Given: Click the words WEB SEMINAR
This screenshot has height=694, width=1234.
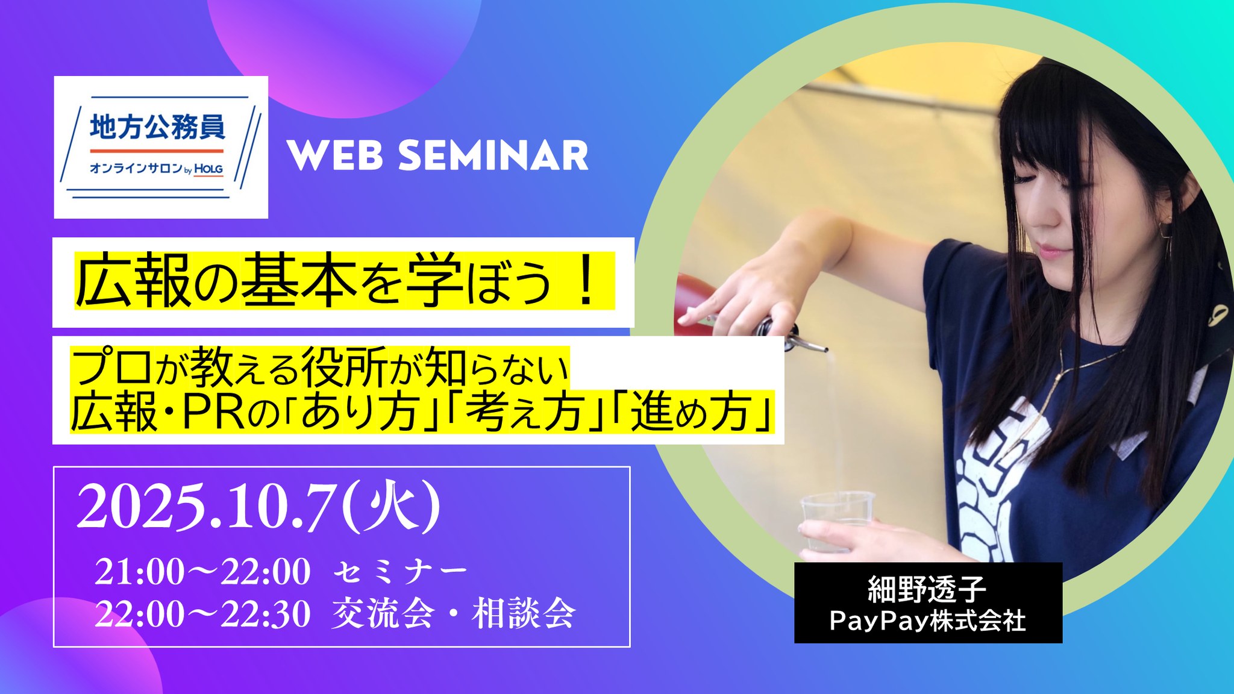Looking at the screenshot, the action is click(x=438, y=155).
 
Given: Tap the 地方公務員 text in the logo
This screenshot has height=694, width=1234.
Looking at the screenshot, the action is click(x=157, y=127).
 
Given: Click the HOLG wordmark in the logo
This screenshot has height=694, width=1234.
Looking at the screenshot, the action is click(x=208, y=169).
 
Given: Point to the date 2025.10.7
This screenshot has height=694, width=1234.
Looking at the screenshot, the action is click(x=206, y=508).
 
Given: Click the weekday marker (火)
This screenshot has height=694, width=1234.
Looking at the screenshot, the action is click(x=391, y=508).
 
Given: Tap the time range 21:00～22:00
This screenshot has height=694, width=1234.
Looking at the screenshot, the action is click(x=203, y=571).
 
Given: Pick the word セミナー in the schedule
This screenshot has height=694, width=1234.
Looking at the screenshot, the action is click(x=400, y=572).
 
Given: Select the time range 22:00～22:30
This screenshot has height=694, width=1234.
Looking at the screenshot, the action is click(x=203, y=614).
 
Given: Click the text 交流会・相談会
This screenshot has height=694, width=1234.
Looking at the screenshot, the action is click(x=454, y=614).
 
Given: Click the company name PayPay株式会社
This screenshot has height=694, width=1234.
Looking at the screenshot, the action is click(x=927, y=621).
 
